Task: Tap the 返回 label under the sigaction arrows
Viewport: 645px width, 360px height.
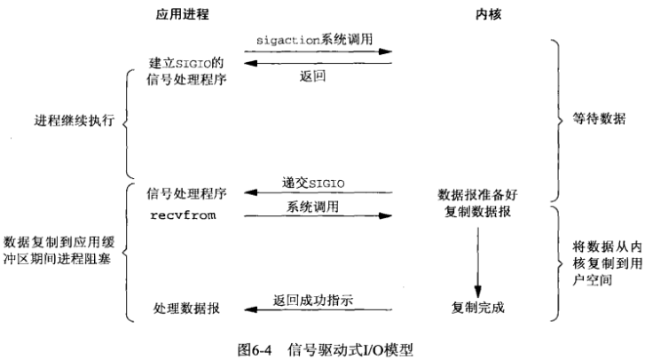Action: [317, 77]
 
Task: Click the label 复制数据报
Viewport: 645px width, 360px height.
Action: [479, 213]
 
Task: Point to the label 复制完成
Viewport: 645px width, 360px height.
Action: [479, 308]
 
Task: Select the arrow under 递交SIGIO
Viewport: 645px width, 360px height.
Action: [318, 192]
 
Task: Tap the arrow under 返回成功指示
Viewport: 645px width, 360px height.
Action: [318, 309]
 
